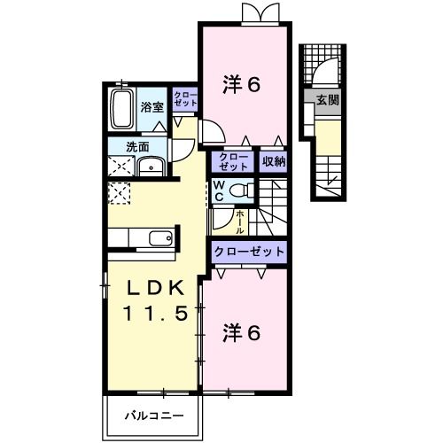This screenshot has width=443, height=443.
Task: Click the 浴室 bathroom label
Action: tap(152, 107)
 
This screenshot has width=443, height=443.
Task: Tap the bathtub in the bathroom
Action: tap(122, 109)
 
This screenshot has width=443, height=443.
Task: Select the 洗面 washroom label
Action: tap(136, 147)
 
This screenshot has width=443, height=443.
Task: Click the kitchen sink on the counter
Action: tap(159, 237)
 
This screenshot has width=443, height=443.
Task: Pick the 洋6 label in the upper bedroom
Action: tap(241, 85)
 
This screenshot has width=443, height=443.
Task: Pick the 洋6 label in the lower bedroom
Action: tap(241, 333)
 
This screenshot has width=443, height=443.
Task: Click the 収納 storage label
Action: tap(274, 161)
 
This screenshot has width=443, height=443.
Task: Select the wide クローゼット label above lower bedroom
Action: tap(249, 252)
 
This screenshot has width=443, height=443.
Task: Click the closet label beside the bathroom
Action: tap(185, 99)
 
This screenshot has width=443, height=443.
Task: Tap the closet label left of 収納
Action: tap(234, 161)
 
